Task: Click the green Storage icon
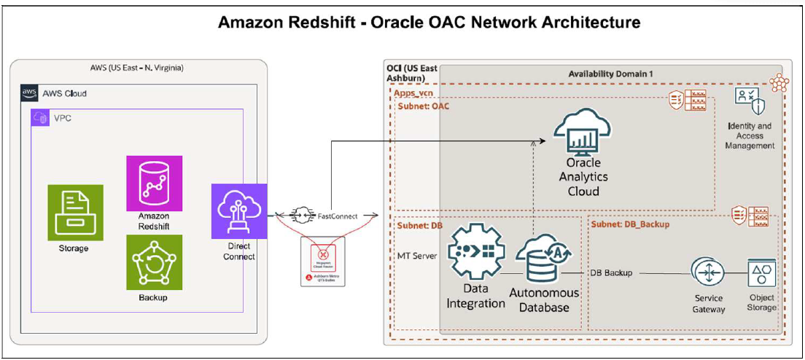75,212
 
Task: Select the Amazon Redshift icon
154,183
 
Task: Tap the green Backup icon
154,262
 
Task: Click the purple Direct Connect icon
239,211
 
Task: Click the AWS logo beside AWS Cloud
29,93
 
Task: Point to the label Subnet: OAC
424,107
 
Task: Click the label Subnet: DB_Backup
630,224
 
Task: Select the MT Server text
417,256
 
